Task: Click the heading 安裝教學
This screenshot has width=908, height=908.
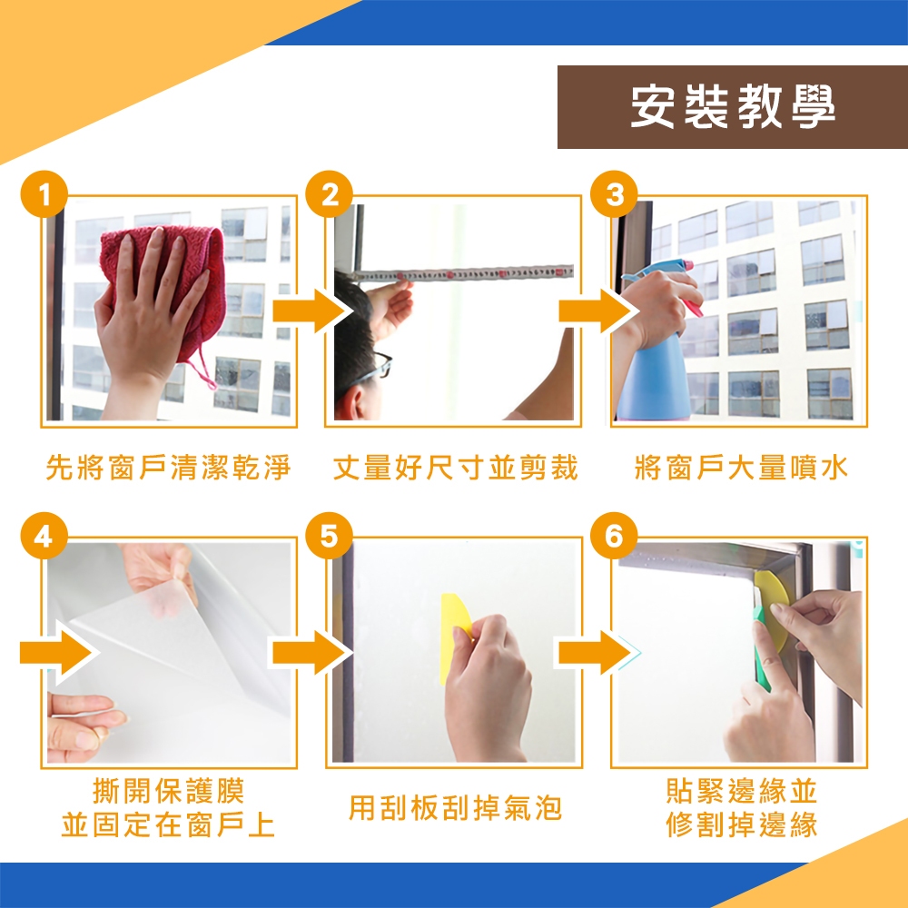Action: tap(733, 106)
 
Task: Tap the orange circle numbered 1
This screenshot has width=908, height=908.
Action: tap(44, 194)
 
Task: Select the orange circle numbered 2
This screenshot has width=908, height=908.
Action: tap(329, 194)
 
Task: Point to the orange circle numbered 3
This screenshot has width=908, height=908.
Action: tap(614, 194)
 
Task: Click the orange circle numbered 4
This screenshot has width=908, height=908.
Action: tap(44, 537)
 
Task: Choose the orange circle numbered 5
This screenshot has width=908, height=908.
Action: tap(329, 537)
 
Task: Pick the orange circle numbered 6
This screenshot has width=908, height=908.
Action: tap(614, 537)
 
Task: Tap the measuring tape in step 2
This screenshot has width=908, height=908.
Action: tap(463, 272)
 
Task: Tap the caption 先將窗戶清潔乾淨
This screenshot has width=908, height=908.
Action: tap(168, 468)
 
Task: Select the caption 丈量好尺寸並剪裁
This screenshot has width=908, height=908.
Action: tap(455, 468)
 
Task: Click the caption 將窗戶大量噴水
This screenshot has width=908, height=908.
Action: tap(741, 468)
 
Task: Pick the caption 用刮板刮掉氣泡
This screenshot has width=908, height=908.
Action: tap(455, 808)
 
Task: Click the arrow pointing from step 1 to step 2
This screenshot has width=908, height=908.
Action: tap(311, 311)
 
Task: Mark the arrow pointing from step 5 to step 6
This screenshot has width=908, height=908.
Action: tap(597, 653)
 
